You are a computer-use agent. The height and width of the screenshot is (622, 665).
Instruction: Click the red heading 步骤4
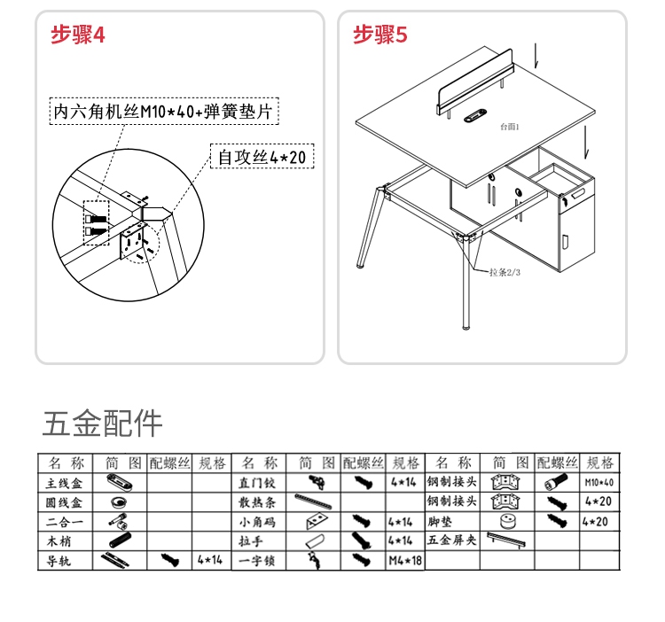click(78, 35)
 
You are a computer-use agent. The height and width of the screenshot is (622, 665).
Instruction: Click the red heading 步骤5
click(380, 35)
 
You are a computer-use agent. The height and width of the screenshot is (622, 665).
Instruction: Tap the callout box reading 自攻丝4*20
click(262, 158)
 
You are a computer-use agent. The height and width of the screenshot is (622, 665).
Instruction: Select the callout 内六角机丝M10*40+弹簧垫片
click(162, 113)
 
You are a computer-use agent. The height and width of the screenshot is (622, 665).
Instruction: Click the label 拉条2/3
click(505, 272)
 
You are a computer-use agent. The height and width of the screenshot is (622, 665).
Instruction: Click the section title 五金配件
click(103, 424)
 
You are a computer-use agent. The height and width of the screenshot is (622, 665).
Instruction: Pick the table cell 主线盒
click(65, 483)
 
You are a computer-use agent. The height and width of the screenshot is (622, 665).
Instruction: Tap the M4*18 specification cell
click(404, 561)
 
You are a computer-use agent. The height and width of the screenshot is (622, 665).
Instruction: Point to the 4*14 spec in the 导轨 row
click(210, 561)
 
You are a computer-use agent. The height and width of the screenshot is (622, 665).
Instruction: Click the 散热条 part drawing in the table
click(314, 502)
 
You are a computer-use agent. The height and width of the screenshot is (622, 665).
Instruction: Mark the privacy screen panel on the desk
click(479, 91)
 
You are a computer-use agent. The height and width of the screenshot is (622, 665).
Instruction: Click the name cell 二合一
click(65, 522)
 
